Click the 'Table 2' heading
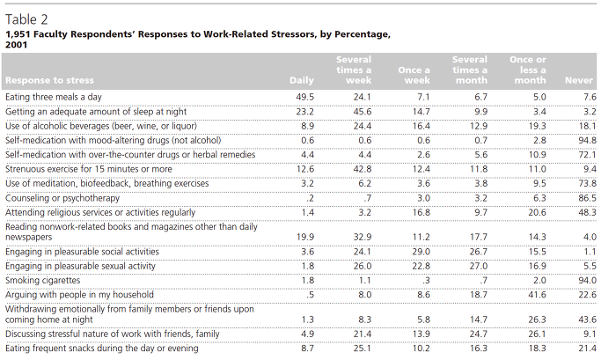tap(26, 19)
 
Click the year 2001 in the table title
tap(16, 45)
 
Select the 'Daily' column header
tap(302, 80)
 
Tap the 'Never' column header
tap(579, 80)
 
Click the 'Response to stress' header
tap(49, 80)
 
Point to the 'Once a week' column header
tap(414, 75)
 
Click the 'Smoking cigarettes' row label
tap(42, 280)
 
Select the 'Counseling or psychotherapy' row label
tap(62, 198)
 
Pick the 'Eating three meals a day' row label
tap(54, 97)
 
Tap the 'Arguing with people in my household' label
tap(79, 295)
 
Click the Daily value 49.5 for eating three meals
tap(305, 97)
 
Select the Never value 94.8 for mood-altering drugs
tap(587, 140)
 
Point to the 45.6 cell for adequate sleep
tap(363, 112)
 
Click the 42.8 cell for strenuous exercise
tap(363, 169)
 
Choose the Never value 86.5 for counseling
tap(587, 198)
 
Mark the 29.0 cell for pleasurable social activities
tap(421, 252)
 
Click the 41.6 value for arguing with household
tap(537, 295)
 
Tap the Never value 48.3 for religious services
tap(587, 212)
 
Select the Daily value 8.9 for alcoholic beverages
tap(307, 126)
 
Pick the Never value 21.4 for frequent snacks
tap(587, 349)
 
